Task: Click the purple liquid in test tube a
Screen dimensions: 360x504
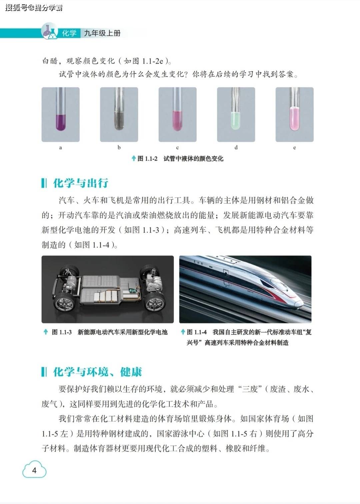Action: click(61, 122)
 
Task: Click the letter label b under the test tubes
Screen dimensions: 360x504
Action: click(119, 147)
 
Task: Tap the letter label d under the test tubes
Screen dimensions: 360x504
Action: click(236, 147)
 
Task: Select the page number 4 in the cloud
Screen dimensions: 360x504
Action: click(34, 470)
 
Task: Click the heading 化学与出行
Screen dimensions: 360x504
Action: click(81, 183)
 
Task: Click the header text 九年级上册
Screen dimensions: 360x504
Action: click(102, 33)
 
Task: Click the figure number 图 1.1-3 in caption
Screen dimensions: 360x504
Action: click(61, 332)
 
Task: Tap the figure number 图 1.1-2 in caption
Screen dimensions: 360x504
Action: click(147, 159)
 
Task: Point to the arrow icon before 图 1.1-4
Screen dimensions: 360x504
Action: click(183, 332)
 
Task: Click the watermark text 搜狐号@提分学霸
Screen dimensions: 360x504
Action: click(34, 8)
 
